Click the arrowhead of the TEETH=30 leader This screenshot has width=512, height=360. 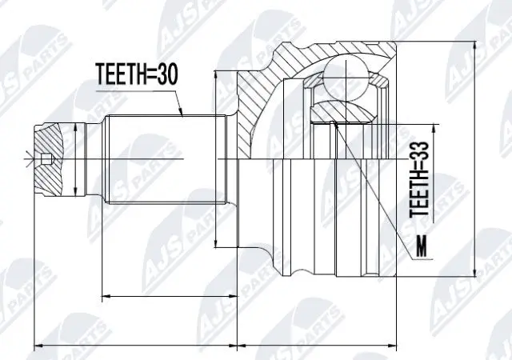click(182, 115)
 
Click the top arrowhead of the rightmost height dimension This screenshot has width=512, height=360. click(477, 42)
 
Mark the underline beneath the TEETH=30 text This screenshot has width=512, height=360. click(136, 89)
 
